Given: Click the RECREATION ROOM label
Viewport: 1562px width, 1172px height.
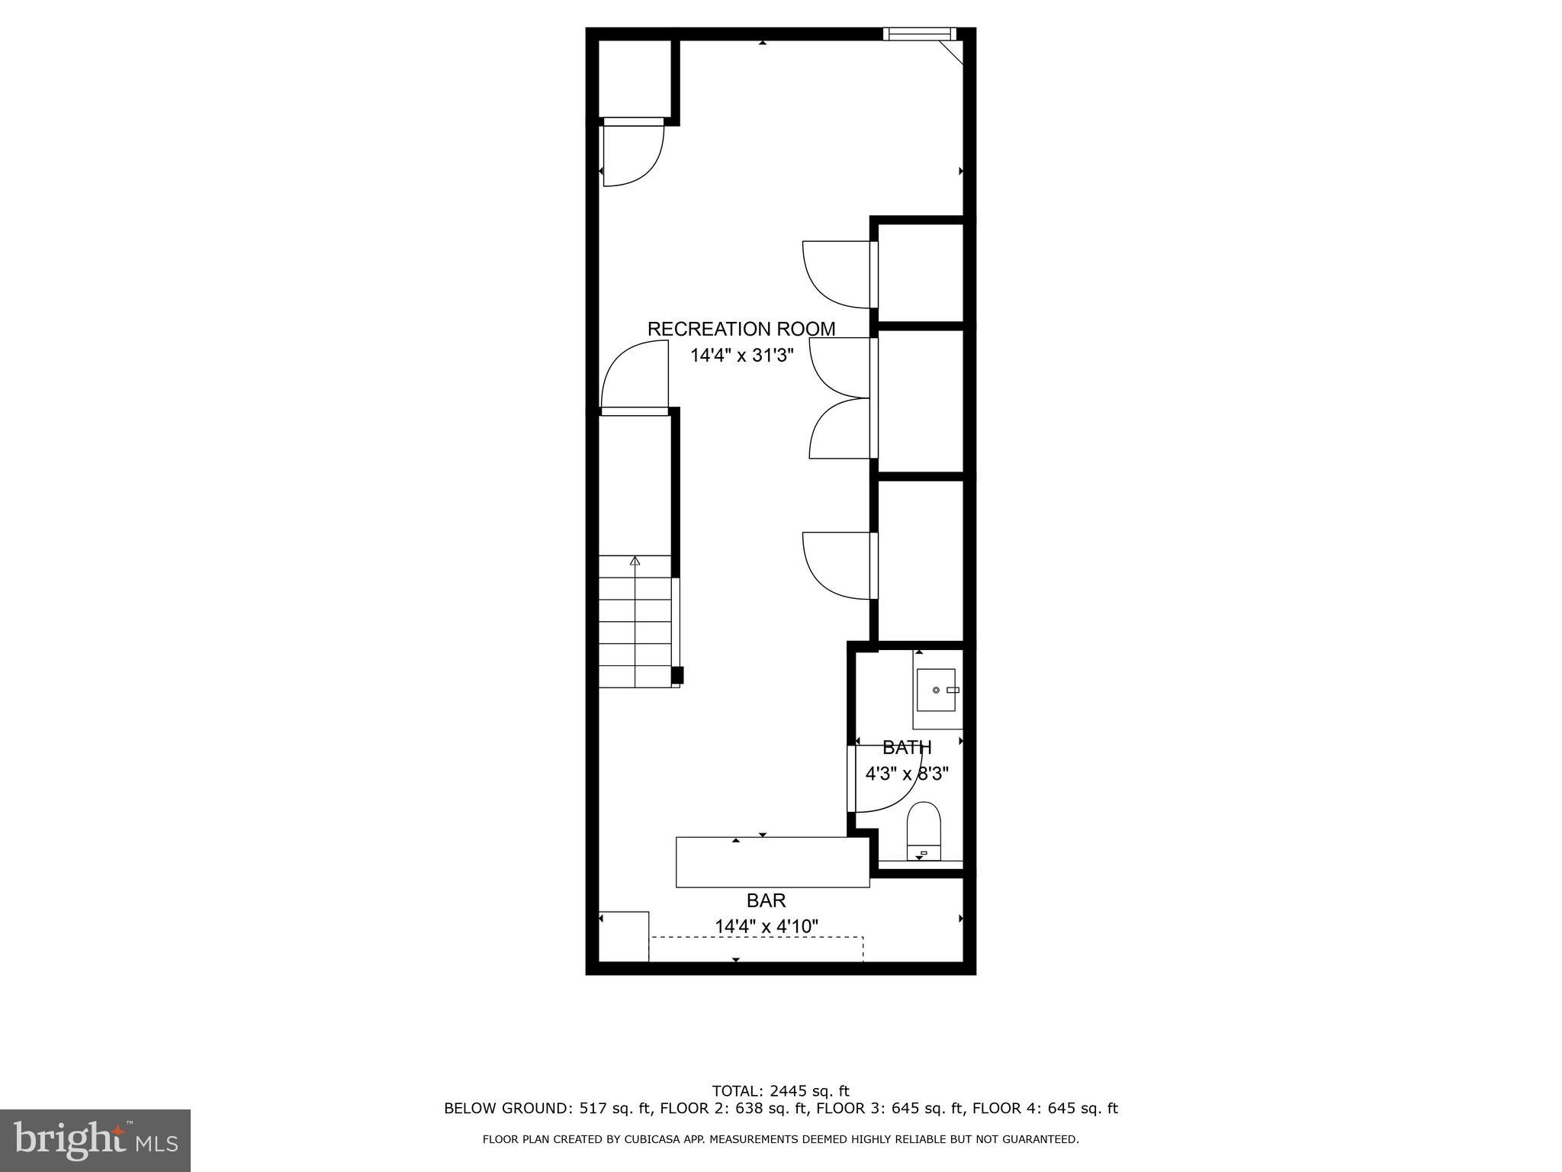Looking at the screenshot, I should point(741,329).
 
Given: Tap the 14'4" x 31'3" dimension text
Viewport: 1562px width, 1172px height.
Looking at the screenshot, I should point(742,356).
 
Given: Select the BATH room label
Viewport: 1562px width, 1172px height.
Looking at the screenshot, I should point(907,748).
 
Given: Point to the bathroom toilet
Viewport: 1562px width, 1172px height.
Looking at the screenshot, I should point(923,829).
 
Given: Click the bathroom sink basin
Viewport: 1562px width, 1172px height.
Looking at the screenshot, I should point(936,690).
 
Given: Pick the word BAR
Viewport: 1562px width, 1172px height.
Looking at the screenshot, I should point(766,900).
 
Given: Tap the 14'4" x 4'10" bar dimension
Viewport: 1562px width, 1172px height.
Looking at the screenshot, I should point(766,926).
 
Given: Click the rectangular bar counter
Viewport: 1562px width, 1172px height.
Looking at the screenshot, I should point(772,862).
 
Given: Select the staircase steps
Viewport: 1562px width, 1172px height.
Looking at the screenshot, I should point(635,622).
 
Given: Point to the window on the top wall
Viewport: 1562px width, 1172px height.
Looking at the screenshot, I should point(919,34).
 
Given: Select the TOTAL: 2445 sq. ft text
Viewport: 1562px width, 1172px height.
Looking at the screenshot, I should point(780,1091).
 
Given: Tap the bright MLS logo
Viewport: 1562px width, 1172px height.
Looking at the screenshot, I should point(95,1140).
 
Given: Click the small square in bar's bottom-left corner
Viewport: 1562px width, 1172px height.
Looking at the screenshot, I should point(624,936).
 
